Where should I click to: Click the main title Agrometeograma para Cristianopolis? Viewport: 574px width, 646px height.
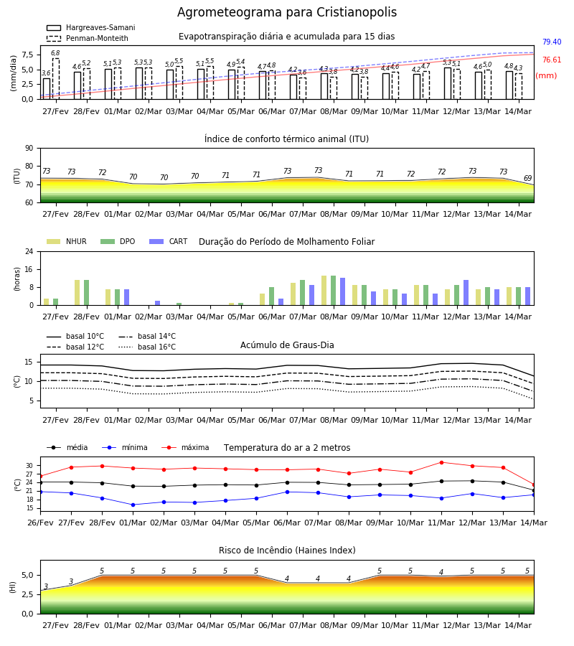287,12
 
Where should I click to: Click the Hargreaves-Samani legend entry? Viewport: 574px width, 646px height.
90,27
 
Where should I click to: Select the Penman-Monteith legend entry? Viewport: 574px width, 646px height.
88,38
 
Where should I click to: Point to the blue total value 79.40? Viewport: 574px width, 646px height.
552,42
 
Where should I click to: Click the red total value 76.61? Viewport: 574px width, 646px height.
552,60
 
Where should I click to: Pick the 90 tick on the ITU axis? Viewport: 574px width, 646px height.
29,149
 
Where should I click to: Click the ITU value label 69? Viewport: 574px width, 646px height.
527,179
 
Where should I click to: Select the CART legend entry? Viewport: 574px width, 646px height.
169,241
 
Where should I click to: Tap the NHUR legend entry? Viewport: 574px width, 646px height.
67,241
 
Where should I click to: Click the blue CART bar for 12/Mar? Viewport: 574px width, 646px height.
466,293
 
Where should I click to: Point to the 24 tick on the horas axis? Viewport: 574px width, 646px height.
29,252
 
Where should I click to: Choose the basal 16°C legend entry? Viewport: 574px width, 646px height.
147,347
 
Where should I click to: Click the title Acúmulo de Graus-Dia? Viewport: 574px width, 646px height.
287,345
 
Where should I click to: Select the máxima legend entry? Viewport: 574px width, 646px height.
185,447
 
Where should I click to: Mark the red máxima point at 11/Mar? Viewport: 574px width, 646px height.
441,463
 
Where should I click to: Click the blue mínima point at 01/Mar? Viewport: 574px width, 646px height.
133,505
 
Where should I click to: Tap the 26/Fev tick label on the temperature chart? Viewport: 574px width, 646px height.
40,523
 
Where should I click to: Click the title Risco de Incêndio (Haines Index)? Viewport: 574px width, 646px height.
287,551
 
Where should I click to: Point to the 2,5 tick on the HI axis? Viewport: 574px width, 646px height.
27,594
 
